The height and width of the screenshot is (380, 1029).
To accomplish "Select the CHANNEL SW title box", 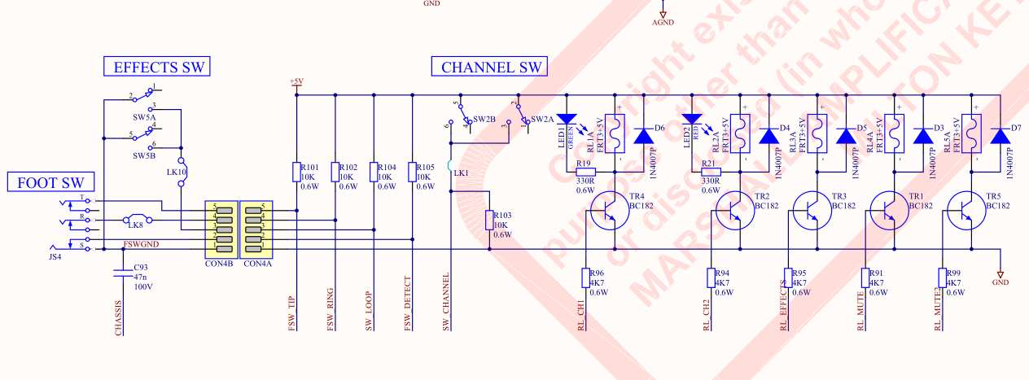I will click(489, 67).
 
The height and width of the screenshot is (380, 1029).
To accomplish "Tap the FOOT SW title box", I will click(50, 182).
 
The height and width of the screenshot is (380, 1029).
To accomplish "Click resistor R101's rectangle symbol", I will click(296, 172).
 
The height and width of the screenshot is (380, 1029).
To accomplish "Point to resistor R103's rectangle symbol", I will click(489, 220).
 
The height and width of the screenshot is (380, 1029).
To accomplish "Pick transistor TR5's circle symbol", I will click(967, 210).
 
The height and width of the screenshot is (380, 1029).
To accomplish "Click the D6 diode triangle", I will click(644, 135).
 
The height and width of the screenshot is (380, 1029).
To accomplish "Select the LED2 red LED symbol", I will click(694, 120).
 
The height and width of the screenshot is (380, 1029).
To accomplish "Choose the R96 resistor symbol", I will click(585, 277).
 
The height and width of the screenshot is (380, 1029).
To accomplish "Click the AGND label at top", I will click(663, 23).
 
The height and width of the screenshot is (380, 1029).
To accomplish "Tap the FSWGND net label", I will click(141, 244).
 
